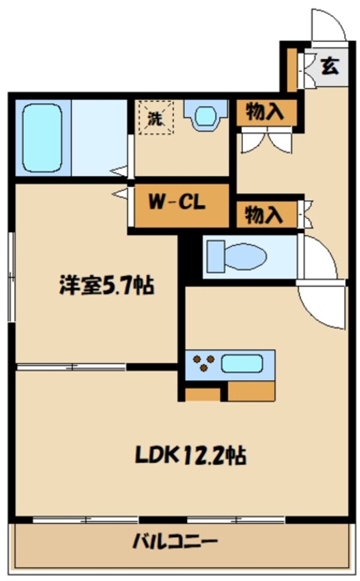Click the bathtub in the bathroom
(41, 137)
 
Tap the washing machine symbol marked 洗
(156, 118)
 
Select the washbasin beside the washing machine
(205, 115)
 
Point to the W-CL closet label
(177, 202)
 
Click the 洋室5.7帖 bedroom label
(106, 285)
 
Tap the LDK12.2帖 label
(190, 456)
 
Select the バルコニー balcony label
(175, 542)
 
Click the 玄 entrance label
(329, 67)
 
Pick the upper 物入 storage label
(265, 111)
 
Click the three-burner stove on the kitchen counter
(203, 363)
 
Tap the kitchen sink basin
(242, 363)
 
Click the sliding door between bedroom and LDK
(71, 368)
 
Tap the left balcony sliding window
(85, 520)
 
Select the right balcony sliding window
(236, 520)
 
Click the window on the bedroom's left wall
(11, 277)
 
